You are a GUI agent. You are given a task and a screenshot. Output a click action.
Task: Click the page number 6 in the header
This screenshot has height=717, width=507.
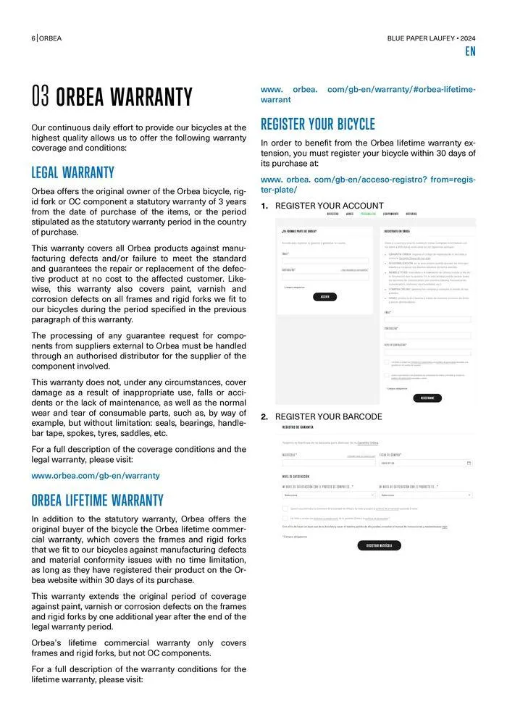[33, 38]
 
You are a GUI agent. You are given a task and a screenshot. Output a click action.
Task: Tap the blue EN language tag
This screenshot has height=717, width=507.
[470, 52]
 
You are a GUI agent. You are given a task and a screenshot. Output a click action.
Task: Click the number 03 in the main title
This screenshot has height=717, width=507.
[41, 97]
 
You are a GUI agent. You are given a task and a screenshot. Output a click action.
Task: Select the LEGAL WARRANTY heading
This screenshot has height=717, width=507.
[72, 173]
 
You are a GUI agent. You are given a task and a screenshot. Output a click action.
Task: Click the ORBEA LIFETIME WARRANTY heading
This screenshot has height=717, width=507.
[97, 500]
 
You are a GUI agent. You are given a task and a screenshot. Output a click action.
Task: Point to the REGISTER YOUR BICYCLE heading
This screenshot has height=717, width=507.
[317, 124]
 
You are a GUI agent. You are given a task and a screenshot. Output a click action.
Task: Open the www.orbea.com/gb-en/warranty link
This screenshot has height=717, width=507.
[95, 476]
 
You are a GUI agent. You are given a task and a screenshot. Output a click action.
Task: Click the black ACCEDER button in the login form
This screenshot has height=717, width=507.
[324, 296]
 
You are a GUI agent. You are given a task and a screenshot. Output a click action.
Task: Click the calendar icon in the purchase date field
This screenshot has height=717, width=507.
[469, 462]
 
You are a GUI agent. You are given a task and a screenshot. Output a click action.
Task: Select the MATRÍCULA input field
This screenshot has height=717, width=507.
[328, 462]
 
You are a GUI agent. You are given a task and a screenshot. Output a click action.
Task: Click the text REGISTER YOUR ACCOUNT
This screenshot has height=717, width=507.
[329, 206]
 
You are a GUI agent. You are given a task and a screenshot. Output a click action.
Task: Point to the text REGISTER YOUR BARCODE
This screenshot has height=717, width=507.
[328, 416]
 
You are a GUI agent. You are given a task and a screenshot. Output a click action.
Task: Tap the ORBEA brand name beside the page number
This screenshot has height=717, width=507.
[51, 38]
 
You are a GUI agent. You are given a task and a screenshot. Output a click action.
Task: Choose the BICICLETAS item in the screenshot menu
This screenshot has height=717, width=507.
[332, 214]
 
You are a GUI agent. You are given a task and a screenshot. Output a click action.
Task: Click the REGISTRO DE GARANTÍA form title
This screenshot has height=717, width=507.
[298, 427]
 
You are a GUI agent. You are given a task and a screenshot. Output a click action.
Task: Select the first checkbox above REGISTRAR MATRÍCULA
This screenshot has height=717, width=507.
[285, 508]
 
